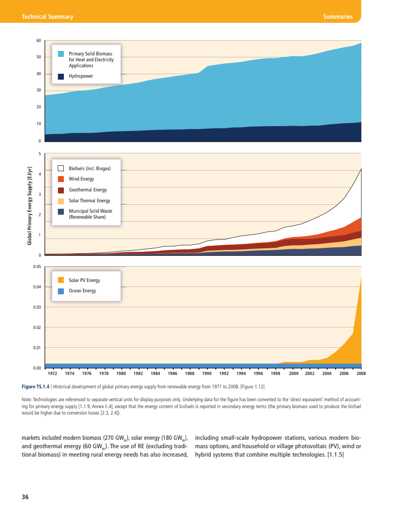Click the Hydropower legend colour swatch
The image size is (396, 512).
(61, 76)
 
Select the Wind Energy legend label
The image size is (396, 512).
(81, 179)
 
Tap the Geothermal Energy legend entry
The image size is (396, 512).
(88, 190)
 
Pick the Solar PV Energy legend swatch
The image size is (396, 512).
(61, 280)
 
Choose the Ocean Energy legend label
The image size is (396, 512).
(82, 291)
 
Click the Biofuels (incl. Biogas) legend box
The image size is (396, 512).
(61, 169)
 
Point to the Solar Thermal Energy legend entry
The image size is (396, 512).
(89, 201)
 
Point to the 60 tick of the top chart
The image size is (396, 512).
(39, 41)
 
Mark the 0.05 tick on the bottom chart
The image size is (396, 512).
(37, 267)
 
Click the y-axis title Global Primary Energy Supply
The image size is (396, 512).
(30, 206)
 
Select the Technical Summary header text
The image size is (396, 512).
(48, 17)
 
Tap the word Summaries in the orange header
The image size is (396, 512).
(338, 17)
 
